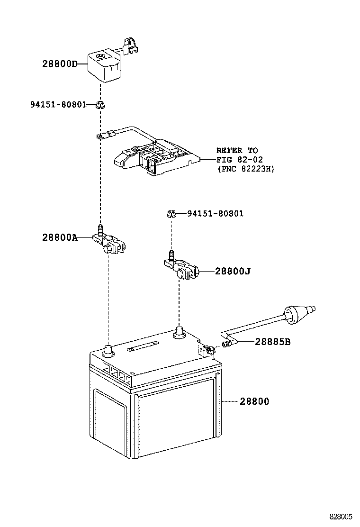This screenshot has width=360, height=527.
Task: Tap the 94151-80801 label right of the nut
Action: pos(215,214)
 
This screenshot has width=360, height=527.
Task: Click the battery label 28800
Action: pos(254,401)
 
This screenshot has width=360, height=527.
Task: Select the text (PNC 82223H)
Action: pos(245,168)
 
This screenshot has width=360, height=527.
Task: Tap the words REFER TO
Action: pos(237,150)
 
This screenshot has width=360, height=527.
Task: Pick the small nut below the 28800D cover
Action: pos(100,105)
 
